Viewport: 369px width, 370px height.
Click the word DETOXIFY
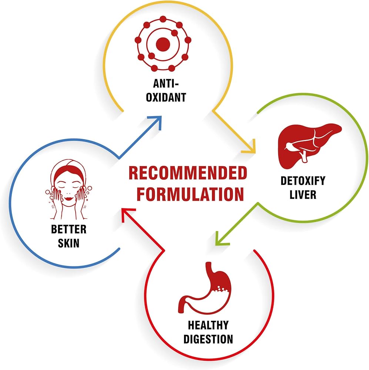coord(303,181)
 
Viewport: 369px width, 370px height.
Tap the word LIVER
coord(303,195)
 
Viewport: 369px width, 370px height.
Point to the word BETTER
coord(69,229)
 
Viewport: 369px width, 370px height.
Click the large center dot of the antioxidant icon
coord(163,45)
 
